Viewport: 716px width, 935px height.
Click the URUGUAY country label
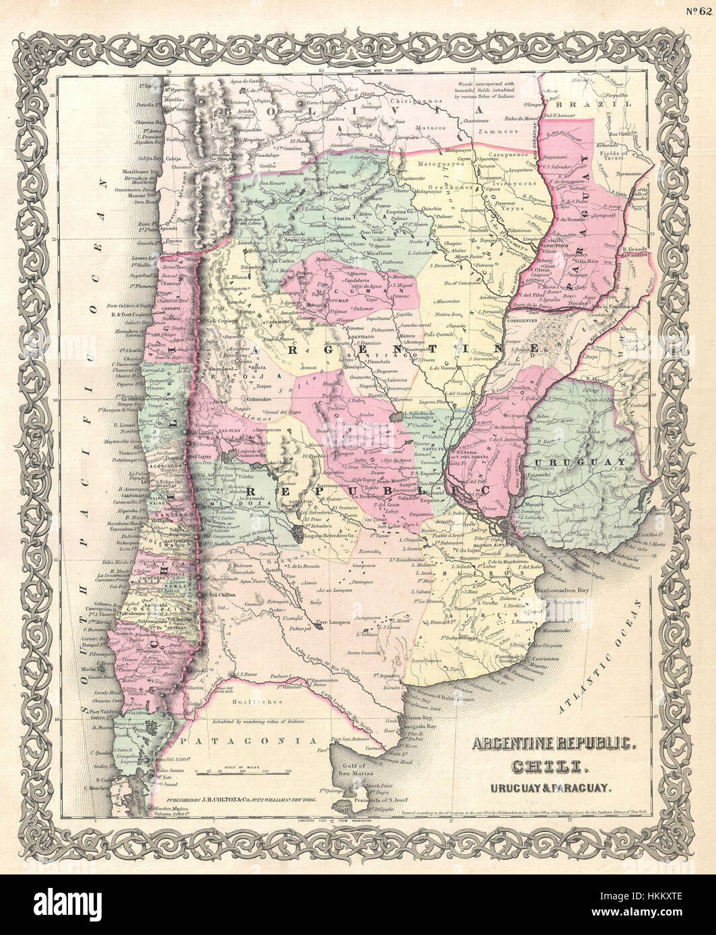pyautogui.click(x=568, y=463)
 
